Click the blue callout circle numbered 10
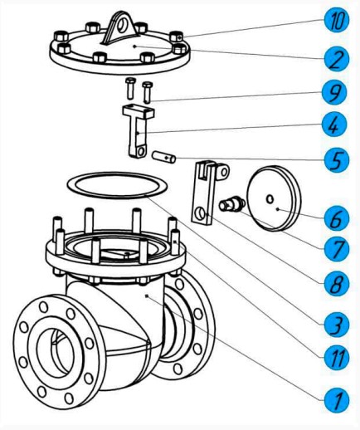click(x=337, y=20)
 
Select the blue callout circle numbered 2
click(x=337, y=59)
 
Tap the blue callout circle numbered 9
click(x=334, y=92)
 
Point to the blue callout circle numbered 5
click(x=337, y=160)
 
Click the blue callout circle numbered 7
click(x=337, y=249)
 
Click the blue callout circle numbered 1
click(x=337, y=400)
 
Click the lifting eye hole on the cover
click(x=121, y=25)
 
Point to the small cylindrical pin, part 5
click(x=164, y=157)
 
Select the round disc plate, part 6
click(x=273, y=198)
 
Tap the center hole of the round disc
click(x=270, y=199)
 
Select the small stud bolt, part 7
click(x=232, y=205)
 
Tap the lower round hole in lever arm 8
click(x=201, y=214)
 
